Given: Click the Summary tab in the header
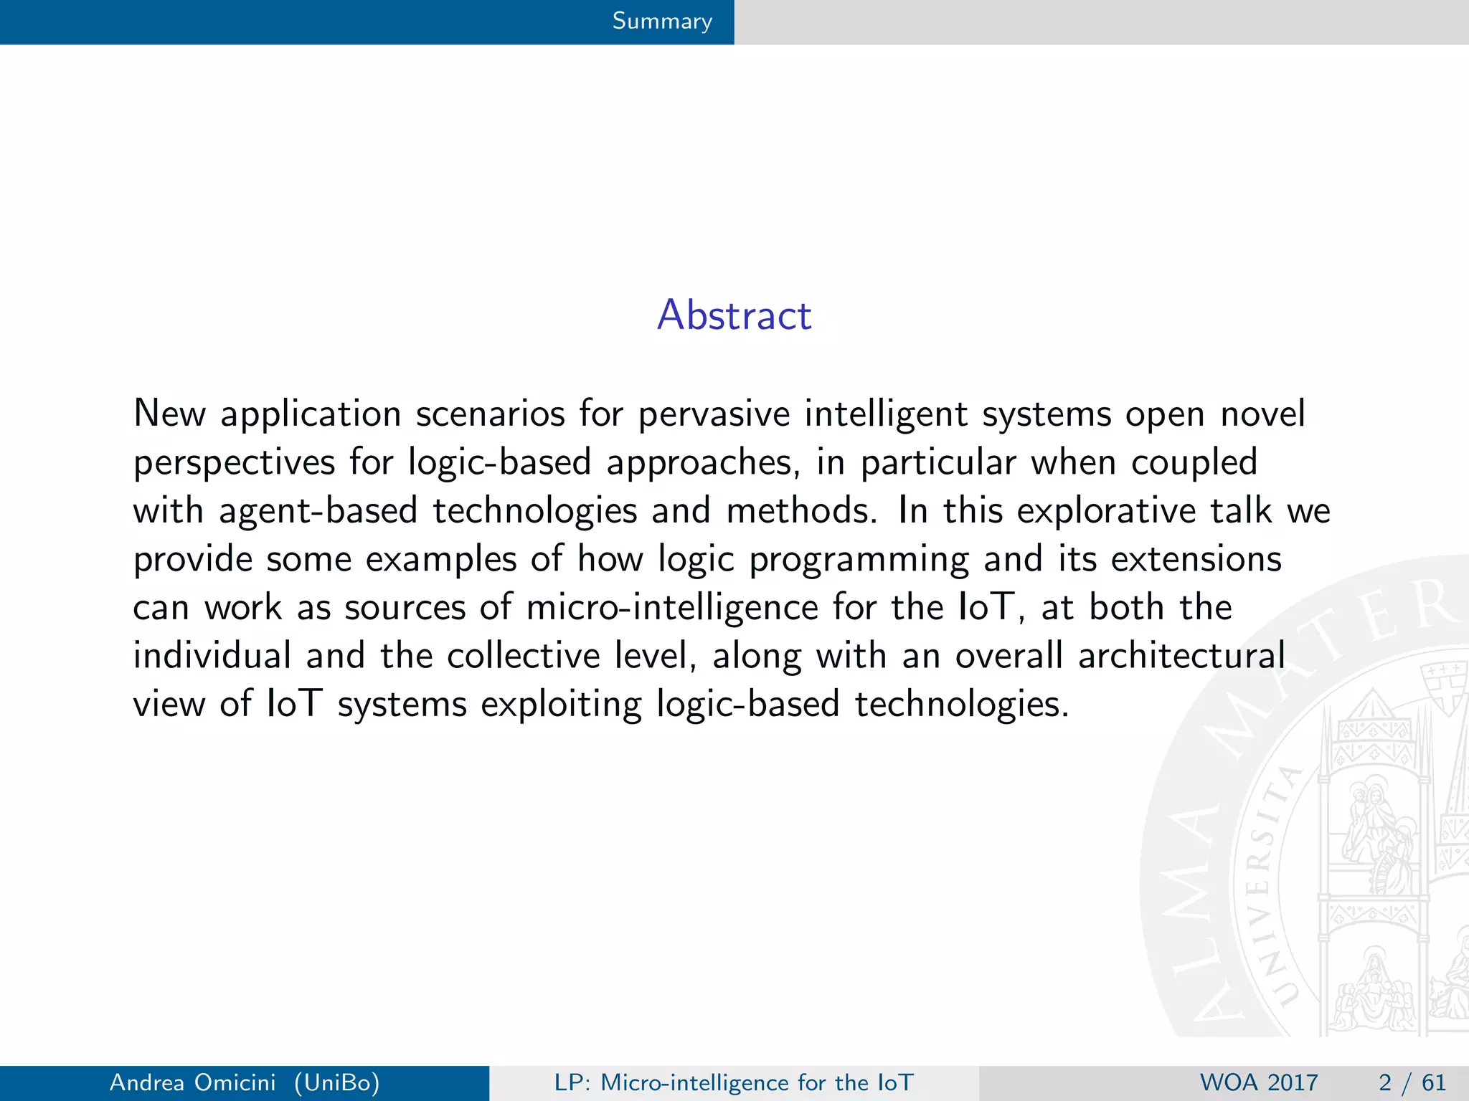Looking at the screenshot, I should coord(661,22).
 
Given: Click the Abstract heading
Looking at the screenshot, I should coord(734,315).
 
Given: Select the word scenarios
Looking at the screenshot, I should coord(491,414).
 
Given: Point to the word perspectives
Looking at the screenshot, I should coord(234,463).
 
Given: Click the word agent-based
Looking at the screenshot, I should coord(318,511).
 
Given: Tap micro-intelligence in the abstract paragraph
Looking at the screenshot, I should coord(672,608).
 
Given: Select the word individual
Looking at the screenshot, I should coord(212,656).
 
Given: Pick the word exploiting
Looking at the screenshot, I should coord(561,705).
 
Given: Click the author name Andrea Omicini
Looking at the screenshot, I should coord(192,1082).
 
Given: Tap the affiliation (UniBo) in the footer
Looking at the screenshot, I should coord(336,1082).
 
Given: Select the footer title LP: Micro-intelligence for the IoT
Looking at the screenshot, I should coord(734,1082).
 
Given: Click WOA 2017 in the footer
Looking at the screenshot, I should coord(1259,1082).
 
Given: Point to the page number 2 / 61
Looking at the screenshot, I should coord(1412,1082).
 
